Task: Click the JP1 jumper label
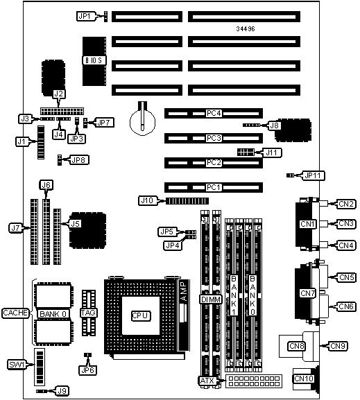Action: tap(85, 16)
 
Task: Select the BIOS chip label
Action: tap(94, 60)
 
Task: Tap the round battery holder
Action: tap(142, 122)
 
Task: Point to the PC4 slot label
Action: tap(214, 113)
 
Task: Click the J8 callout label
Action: tap(275, 125)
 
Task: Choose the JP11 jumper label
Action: tap(313, 175)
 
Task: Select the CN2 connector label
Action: tap(346, 204)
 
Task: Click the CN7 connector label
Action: tap(308, 293)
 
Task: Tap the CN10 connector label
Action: tap(304, 379)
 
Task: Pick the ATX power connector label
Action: tap(207, 381)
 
